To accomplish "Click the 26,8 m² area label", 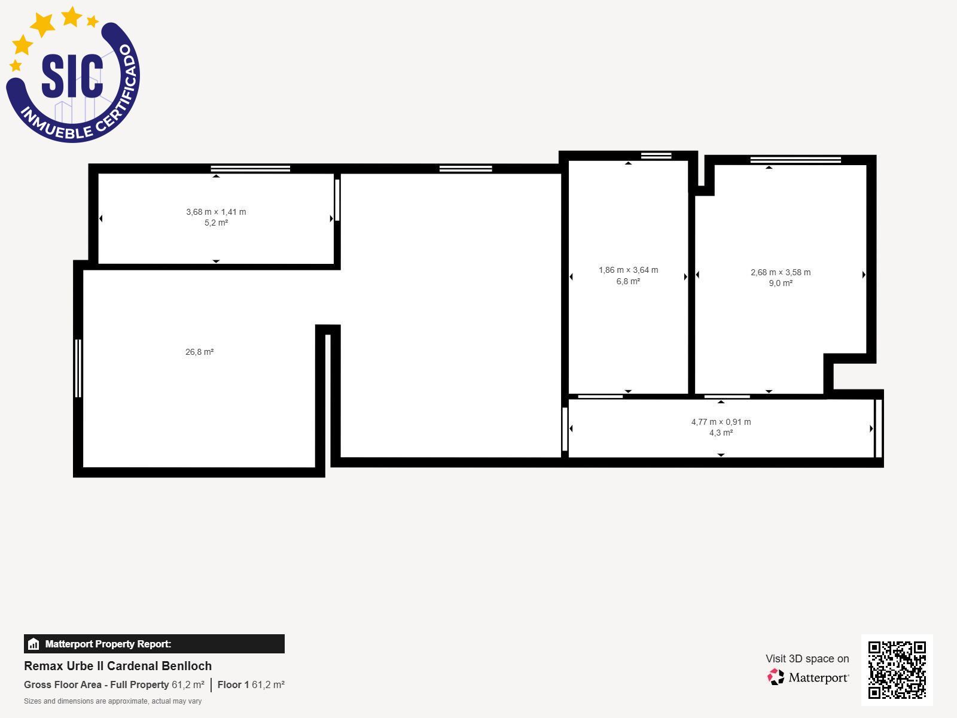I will tap(199, 352).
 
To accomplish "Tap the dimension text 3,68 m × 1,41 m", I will tap(216, 212).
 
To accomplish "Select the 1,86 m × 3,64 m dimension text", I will tap(628, 270).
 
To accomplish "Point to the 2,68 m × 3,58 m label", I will tap(781, 273).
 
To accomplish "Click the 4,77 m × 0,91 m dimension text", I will tap(721, 422).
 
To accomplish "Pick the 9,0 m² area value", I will tap(781, 284).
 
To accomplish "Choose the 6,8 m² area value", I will tap(628, 281).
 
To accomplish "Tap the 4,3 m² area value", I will tap(721, 433).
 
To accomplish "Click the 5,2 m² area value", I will tap(216, 223).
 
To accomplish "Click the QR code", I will tap(897, 670).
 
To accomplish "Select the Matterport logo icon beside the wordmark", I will tap(776, 677).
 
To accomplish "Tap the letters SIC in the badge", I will tap(72, 76).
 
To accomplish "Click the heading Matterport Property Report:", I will tap(108, 644).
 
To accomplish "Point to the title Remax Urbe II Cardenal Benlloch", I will tap(118, 666).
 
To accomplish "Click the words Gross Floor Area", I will tap(62, 684).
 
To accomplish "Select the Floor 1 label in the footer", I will tap(233, 684).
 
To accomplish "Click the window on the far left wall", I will tap(78, 368).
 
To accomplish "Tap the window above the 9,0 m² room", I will tap(796, 160).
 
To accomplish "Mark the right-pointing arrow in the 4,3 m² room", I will tap(871, 428).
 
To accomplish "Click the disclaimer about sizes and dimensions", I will tap(112, 701).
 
